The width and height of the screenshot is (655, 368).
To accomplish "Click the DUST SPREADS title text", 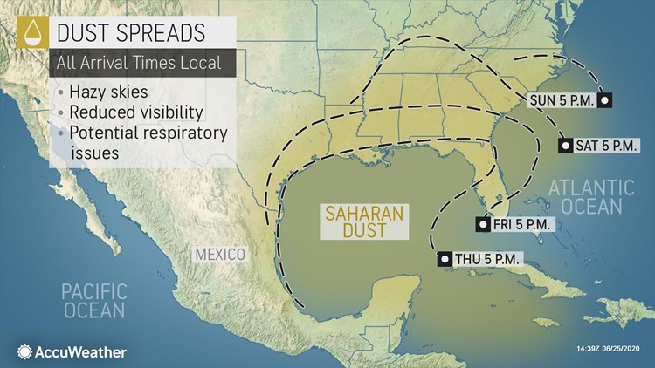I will (131, 32).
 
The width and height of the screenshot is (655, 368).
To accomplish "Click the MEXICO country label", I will (220, 254).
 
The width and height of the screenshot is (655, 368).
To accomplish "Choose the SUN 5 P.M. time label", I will (562, 100).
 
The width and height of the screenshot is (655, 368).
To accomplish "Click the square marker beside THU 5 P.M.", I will (444, 259).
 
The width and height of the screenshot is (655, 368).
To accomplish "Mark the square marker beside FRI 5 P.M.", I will (481, 225).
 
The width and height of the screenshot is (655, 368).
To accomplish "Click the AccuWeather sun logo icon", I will (24, 351).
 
